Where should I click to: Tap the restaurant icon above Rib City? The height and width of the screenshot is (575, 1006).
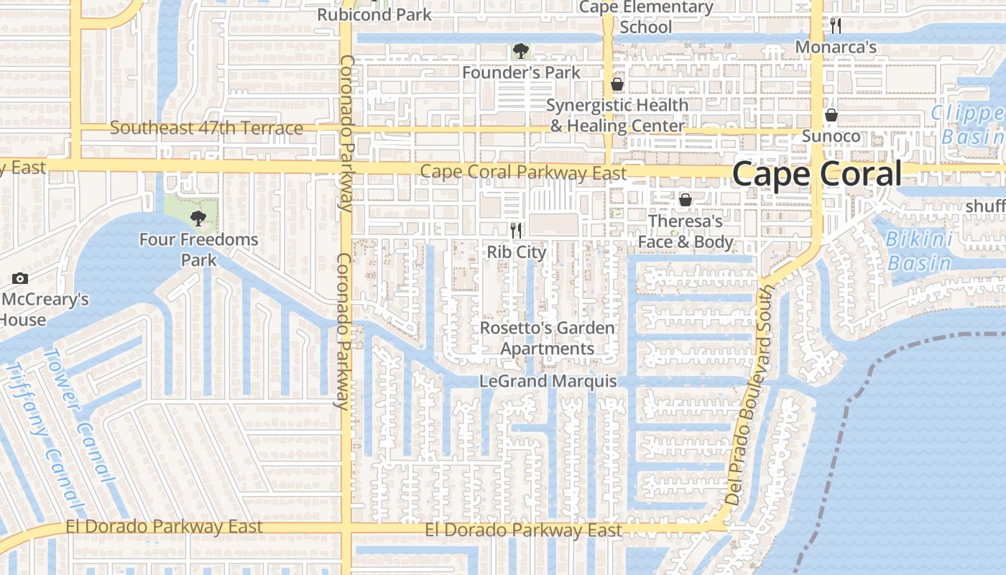[515, 230]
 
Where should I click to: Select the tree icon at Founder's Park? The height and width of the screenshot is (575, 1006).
[521, 51]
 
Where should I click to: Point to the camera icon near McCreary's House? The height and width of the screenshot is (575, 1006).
[20, 278]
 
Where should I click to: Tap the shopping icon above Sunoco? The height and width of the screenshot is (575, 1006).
[831, 115]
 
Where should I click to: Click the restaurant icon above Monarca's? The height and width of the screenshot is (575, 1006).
[835, 26]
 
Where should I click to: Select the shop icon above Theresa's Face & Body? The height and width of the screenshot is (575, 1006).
[686, 200]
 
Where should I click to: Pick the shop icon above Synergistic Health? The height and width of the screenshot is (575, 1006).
[617, 85]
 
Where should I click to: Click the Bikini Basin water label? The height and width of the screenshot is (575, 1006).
[919, 251]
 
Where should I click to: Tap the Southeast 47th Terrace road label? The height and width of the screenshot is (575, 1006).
[206, 129]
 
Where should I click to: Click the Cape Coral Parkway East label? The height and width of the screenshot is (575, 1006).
[523, 172]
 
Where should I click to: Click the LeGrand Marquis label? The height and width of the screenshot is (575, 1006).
[548, 381]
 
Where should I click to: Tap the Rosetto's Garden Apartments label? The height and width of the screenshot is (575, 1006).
[548, 339]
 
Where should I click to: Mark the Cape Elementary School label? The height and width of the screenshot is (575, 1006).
[645, 17]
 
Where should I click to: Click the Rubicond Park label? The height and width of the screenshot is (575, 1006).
[374, 14]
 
